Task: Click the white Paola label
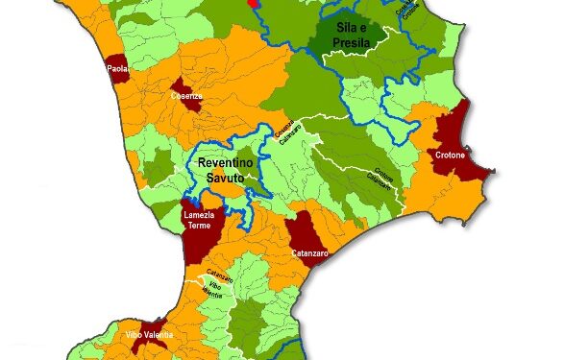118,69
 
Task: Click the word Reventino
227,164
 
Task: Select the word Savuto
228,178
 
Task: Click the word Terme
199,227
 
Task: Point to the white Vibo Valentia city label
150,334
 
